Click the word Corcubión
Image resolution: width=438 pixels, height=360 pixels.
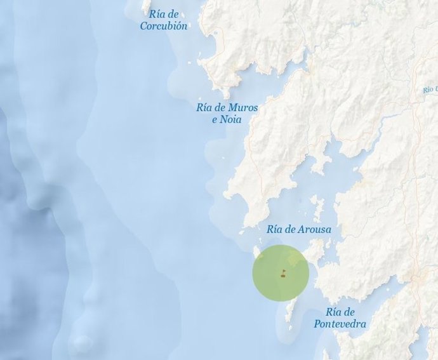[164, 26]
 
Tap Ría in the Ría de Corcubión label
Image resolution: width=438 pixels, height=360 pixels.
[157, 14]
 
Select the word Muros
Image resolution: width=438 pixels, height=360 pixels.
[242, 108]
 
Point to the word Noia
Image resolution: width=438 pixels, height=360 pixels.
[231, 119]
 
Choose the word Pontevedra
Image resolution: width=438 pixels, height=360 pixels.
[340, 324]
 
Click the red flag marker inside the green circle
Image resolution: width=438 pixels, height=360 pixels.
[283, 273]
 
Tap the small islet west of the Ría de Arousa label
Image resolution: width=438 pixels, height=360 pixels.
[241, 232]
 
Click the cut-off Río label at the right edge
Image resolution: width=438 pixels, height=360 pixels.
[430, 90]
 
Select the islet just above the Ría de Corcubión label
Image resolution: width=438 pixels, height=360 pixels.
[146, 5]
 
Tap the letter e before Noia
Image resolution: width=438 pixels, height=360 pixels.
[215, 119]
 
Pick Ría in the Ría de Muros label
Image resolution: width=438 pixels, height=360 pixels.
[204, 108]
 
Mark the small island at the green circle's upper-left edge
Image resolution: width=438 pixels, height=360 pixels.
[260, 255]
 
